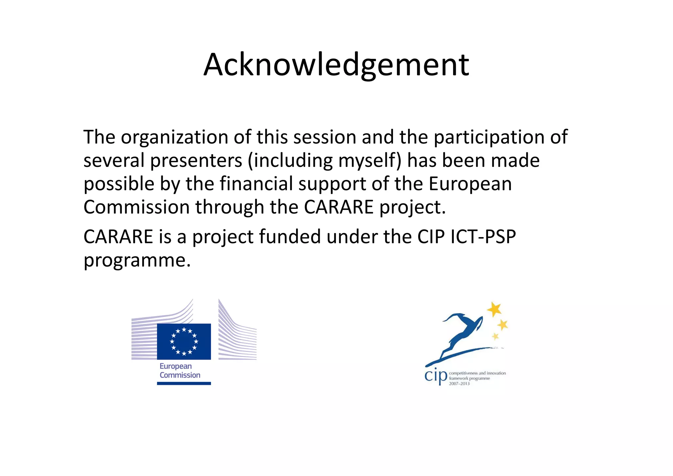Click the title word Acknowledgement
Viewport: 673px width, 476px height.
coord(336,65)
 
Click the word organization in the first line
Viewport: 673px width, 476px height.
coord(174,137)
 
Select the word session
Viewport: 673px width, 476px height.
coord(325,137)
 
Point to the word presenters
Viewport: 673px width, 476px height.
coord(196,161)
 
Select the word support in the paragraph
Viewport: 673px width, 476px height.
coord(332,184)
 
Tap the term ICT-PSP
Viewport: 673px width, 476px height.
coord(483,237)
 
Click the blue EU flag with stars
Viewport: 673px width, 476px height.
coord(184,341)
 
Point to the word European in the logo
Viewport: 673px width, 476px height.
coord(175,366)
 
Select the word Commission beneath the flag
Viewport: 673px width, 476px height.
coord(180,375)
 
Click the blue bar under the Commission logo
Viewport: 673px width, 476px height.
coord(184,383)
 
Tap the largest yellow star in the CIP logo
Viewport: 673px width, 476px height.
coord(494,309)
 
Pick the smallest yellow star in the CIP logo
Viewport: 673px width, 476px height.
coord(495,336)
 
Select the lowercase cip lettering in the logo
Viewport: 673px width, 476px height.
coord(436,376)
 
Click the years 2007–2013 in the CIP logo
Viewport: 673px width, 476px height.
coord(459,384)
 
